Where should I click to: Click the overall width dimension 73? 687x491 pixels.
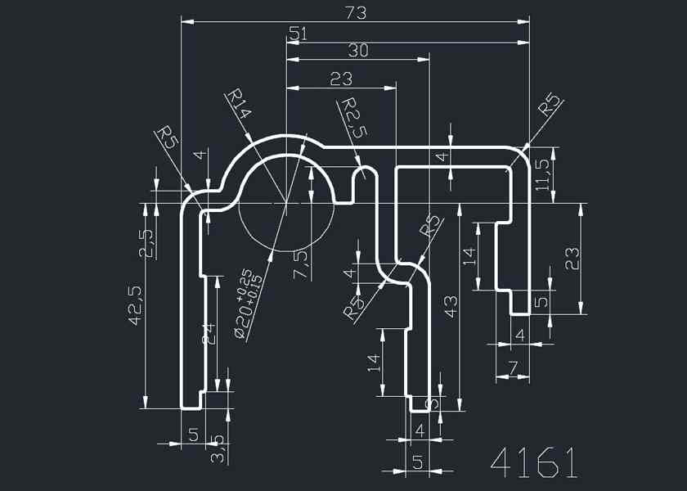(356, 13)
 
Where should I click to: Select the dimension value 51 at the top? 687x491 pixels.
(298, 34)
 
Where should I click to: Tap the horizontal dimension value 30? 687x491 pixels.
(358, 51)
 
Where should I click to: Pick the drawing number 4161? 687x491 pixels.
(534, 463)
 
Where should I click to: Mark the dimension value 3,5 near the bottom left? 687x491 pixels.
(218, 449)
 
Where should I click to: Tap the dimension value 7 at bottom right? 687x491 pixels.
(513, 369)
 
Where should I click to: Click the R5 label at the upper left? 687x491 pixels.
(168, 137)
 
